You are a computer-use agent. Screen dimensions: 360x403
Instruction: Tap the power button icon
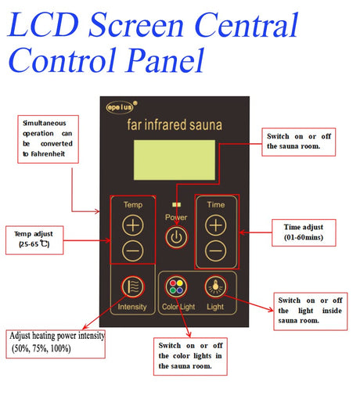pos(176,237)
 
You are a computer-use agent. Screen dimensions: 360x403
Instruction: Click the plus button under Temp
pos(133,225)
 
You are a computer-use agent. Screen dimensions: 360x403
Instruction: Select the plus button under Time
pos(215,225)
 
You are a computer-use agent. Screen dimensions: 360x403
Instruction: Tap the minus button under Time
pos(215,251)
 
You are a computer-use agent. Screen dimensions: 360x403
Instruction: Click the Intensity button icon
pos(132,286)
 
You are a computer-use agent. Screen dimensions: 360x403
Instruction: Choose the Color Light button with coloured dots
pos(176,286)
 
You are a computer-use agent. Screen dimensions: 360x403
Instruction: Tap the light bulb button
pos(215,286)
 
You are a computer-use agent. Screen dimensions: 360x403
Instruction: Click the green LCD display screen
pos(175,160)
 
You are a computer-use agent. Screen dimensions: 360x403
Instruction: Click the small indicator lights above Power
pos(176,204)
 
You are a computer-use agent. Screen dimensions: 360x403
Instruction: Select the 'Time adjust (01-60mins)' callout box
pos(304,232)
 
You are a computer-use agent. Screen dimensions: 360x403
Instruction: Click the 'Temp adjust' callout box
pos(34,240)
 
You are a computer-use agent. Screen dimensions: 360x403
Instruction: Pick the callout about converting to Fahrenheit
pos(48,139)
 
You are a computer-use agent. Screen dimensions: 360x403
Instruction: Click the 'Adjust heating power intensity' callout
pos(56,344)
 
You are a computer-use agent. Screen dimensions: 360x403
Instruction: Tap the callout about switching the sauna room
pos(298,142)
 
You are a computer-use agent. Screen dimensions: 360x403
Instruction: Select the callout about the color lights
pos(190,356)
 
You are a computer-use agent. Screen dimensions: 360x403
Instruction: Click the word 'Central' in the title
pos(246,25)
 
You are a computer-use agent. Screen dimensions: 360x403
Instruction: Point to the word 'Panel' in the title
pos(165,60)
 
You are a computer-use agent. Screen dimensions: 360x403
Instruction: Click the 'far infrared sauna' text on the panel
pos(175,124)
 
